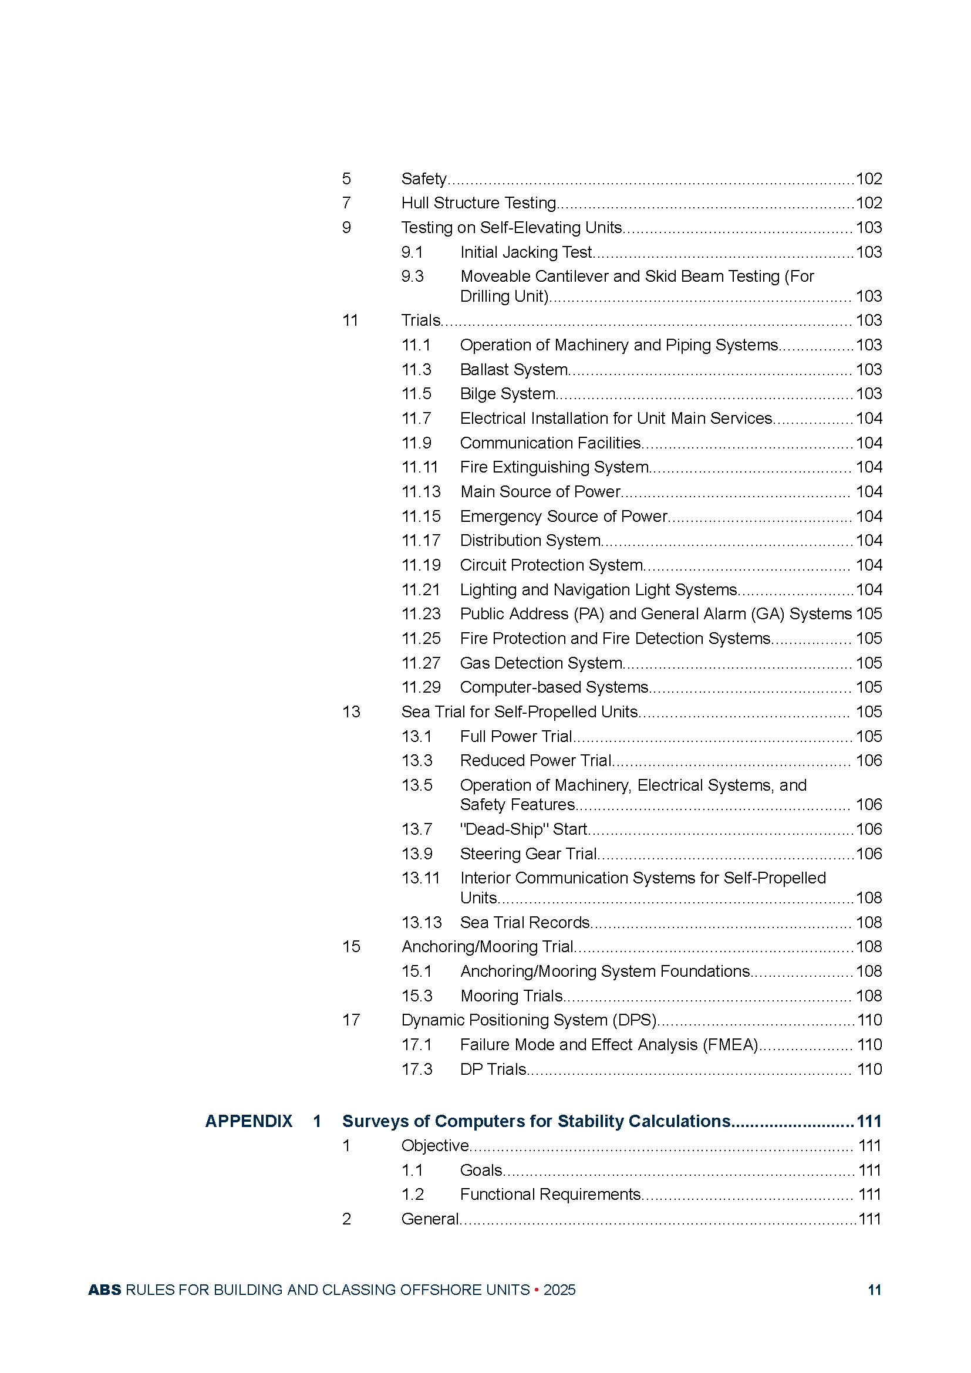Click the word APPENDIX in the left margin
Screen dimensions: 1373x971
(x=249, y=1121)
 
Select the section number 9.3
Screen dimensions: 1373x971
(x=412, y=276)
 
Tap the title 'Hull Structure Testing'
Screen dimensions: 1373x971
(x=478, y=203)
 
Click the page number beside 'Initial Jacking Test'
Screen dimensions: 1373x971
(x=868, y=252)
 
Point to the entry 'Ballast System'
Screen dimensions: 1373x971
(x=514, y=370)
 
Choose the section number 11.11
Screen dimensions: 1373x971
(x=420, y=467)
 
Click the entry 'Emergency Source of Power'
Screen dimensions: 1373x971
(x=563, y=516)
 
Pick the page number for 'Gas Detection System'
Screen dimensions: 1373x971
(x=868, y=663)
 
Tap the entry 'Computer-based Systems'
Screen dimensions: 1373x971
(x=554, y=687)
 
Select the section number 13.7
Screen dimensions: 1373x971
(x=417, y=829)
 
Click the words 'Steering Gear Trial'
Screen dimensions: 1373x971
(x=528, y=854)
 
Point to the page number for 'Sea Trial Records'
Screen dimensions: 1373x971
(x=868, y=923)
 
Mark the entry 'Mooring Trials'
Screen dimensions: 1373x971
(x=511, y=996)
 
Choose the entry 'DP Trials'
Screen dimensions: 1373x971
(x=493, y=1069)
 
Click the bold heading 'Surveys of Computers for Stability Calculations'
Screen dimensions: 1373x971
(x=536, y=1121)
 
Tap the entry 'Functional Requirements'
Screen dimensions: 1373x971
(x=550, y=1194)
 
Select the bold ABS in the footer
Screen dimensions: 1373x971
(x=104, y=1290)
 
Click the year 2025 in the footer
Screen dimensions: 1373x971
(x=559, y=1290)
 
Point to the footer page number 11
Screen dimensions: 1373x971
(x=874, y=1290)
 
